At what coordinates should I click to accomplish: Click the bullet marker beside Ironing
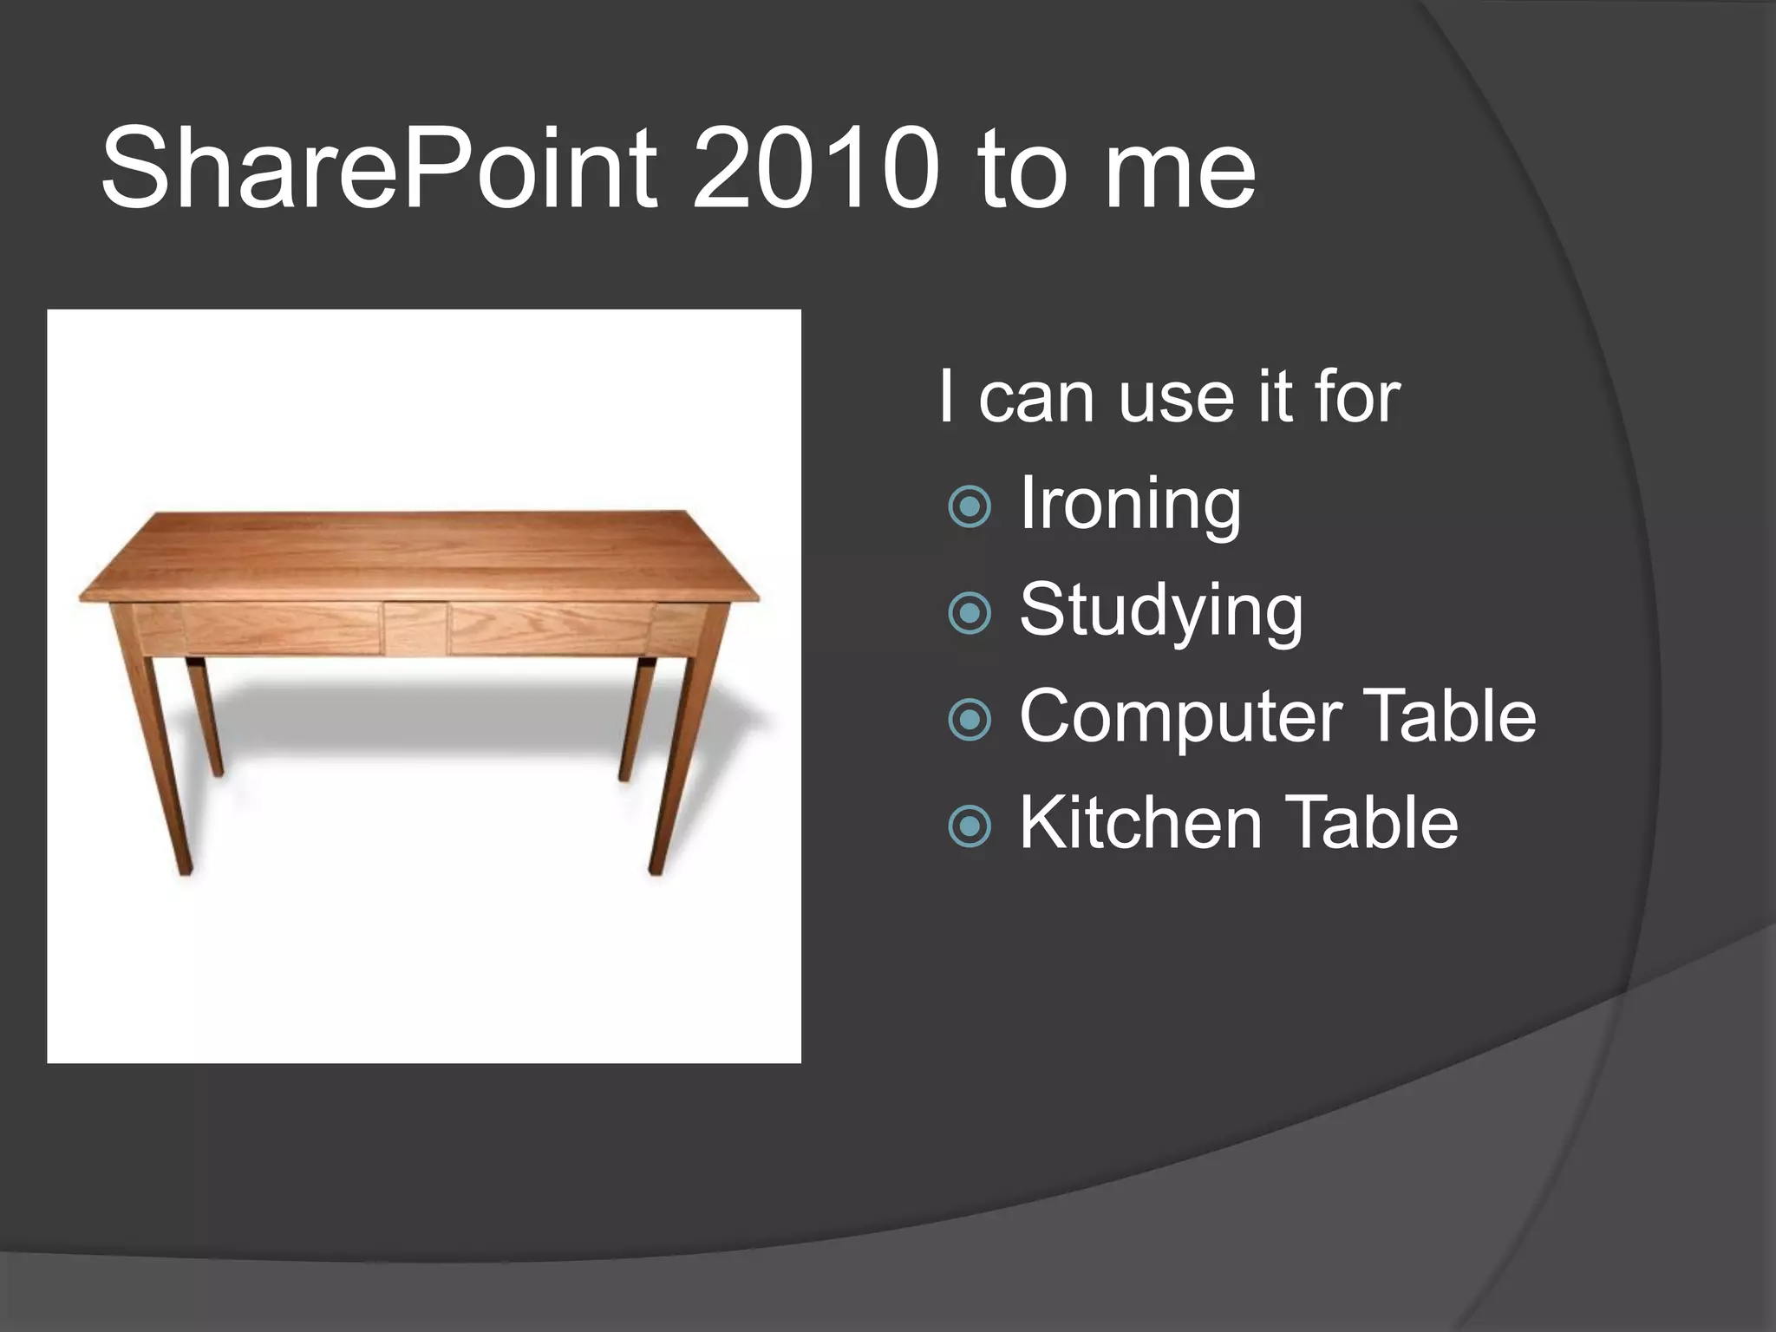pos(970,506)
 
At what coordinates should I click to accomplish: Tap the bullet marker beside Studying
pos(970,613)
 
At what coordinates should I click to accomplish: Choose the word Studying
pos(1160,612)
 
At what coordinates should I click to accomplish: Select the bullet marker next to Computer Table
pos(970,719)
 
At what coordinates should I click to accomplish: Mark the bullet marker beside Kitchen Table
pos(970,826)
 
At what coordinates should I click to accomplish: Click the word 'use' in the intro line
pos(1175,399)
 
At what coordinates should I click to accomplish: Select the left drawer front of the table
pos(282,628)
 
